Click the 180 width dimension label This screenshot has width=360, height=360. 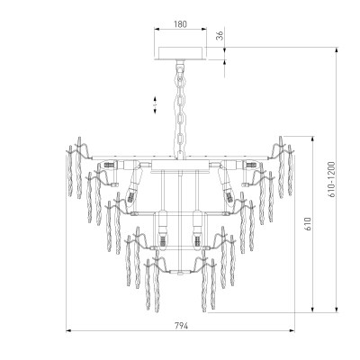(180, 24)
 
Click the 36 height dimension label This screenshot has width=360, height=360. (220, 36)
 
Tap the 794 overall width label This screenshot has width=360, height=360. (181, 326)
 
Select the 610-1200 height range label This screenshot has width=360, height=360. (331, 179)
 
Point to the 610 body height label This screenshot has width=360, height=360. (308, 224)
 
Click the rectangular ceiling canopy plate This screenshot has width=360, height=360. (180, 53)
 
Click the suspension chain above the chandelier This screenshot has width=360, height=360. (180, 110)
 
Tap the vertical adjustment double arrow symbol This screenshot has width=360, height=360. (155, 105)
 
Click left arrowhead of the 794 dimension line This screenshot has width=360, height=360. (68, 331)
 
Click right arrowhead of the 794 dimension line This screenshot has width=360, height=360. (292, 331)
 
